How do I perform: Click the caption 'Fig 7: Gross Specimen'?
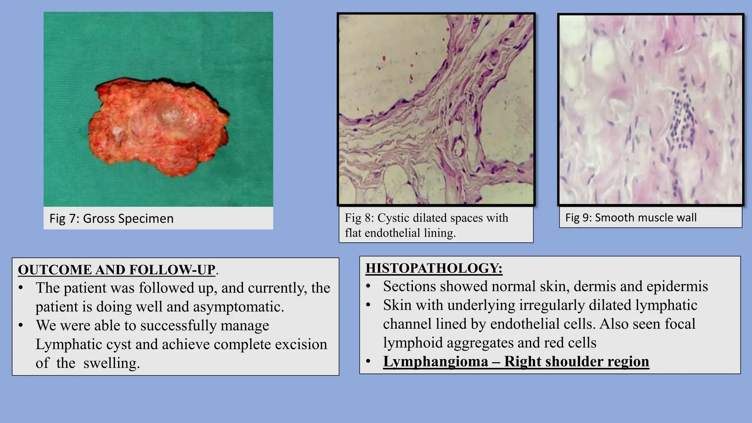(111, 218)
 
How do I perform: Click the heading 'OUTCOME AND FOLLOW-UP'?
(116, 270)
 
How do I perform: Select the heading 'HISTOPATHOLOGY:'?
(434, 268)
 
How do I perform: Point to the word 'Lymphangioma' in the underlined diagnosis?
(435, 361)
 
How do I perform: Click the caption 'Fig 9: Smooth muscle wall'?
(630, 218)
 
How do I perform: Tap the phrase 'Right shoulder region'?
(576, 361)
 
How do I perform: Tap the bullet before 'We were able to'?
(21, 326)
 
